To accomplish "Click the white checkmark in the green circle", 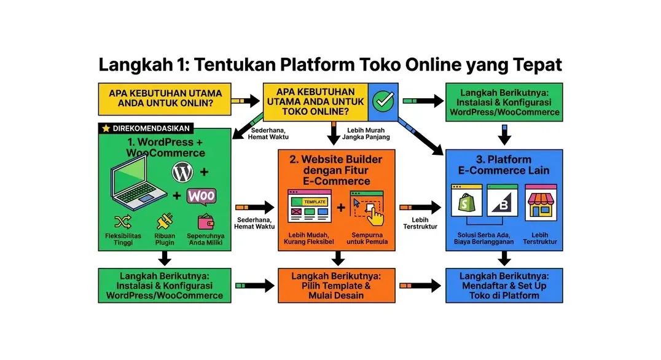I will [x=383, y=101].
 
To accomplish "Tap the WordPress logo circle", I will [x=182, y=173].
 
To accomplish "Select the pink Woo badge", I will [x=201, y=196].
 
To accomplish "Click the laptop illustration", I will [x=138, y=185].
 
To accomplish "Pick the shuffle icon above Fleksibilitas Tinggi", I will [x=123, y=221].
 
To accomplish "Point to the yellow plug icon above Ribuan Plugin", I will [x=165, y=221].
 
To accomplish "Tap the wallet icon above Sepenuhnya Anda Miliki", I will [x=206, y=222].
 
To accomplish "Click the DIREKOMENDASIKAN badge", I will [x=146, y=128].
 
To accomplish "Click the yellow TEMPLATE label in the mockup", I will [x=315, y=202].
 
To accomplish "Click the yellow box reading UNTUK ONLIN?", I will [x=165, y=98].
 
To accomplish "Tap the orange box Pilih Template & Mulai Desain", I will [x=336, y=285].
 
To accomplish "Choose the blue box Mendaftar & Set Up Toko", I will [x=503, y=285].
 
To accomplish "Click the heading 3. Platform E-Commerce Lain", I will [x=503, y=165].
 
